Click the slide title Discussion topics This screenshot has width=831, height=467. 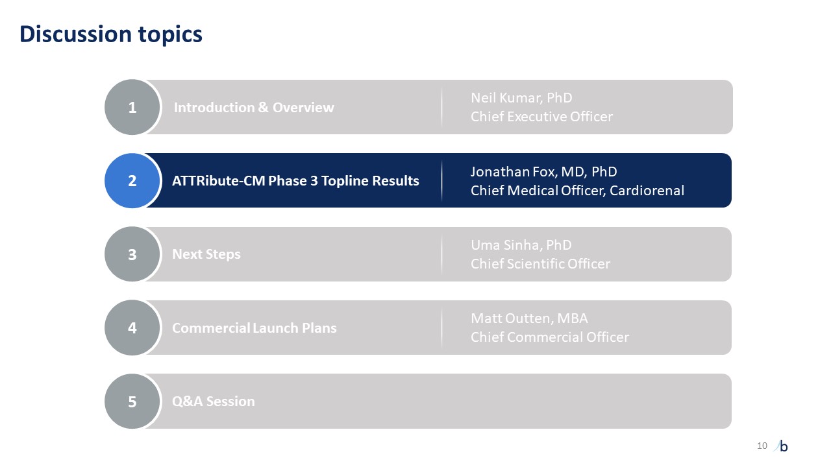[111, 34]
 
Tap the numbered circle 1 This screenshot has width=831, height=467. [132, 107]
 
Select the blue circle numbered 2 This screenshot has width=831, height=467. [132, 180]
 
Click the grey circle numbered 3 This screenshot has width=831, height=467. [132, 254]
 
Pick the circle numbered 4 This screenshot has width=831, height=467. [132, 328]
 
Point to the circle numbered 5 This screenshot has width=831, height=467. [132, 401]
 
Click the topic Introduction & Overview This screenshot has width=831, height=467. [254, 108]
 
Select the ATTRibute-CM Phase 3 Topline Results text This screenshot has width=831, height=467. [295, 181]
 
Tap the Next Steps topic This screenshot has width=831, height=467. [206, 255]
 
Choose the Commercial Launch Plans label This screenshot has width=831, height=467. [254, 328]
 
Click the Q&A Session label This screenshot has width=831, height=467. [214, 401]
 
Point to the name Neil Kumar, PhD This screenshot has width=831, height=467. [521, 98]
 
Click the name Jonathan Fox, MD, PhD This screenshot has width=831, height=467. [544, 172]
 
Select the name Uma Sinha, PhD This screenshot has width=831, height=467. [521, 245]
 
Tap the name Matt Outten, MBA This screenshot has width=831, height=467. [529, 318]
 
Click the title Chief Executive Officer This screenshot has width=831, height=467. [541, 117]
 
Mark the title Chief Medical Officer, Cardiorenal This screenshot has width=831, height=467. [577, 191]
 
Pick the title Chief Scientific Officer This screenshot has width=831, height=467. [540, 264]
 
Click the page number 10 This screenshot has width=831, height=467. [762, 446]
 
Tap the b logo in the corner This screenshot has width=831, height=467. [781, 446]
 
